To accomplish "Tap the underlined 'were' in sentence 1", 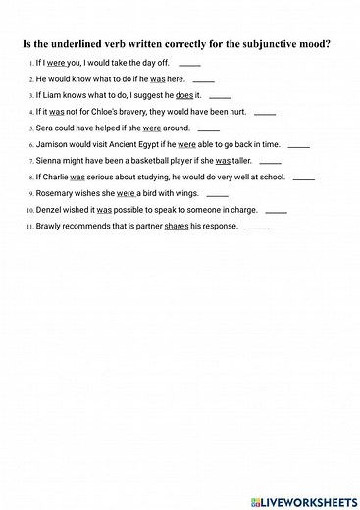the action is [x=56, y=63].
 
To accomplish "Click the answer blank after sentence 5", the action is [x=209, y=128].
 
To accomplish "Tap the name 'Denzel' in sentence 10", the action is [x=51, y=211].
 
